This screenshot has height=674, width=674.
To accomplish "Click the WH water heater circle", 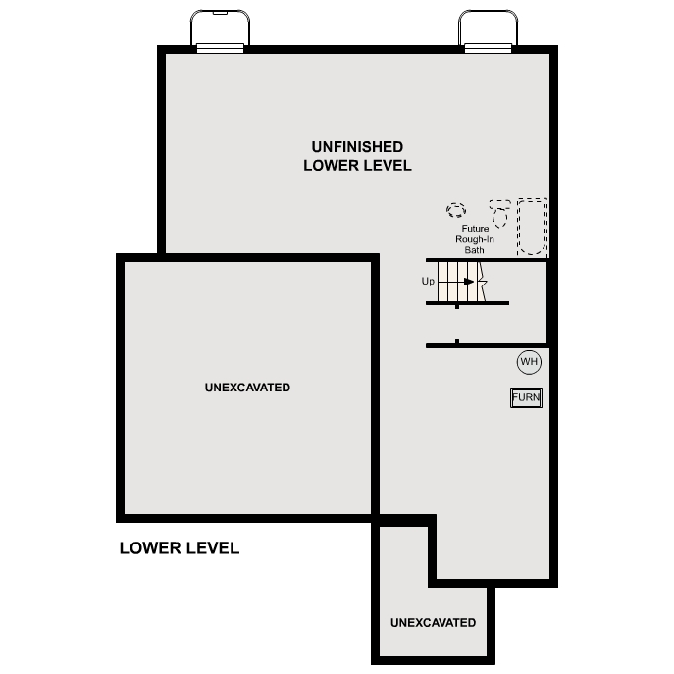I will coord(529,362).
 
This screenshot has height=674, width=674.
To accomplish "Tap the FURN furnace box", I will coord(526,397).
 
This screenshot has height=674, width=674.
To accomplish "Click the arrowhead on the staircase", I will coord(469,282).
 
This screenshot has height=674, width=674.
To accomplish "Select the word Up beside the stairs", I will coord(428,282).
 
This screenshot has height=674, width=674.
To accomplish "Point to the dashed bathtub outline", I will coord(532,227).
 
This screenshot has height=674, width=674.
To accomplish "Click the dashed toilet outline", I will coord(500,214).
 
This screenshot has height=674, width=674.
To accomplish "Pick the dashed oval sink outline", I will coord(456,210).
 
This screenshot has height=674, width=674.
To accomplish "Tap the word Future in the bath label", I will coord(475,229).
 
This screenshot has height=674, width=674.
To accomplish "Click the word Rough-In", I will coord(474,239).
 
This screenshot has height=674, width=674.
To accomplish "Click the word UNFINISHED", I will coord(356,146).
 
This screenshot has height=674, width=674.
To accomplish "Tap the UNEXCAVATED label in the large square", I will coord(247,388).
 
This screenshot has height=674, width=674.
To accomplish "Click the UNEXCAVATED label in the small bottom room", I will coord(433,623).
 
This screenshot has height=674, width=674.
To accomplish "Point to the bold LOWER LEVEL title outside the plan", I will coord(179,548).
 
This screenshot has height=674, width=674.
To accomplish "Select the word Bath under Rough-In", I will coord(475,250).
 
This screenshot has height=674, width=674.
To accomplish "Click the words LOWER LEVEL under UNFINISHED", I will coord(357,166).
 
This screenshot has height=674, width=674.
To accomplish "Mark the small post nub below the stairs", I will coord(457,341).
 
